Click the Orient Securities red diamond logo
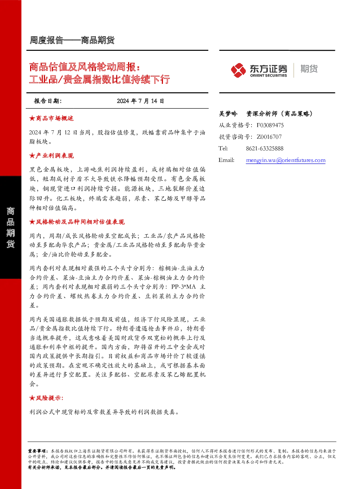tap(238, 70)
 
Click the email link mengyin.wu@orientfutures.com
tap(286, 160)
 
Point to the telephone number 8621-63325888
tap(265, 148)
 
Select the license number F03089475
tap(270, 125)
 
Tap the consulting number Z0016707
tap(269, 137)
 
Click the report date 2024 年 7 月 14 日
tap(140, 101)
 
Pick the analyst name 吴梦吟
tap(228, 114)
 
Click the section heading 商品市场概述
tap(55, 118)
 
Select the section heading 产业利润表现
tap(55, 156)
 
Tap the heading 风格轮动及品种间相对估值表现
tap(80, 222)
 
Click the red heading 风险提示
tap(49, 398)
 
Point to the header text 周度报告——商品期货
tap(72, 40)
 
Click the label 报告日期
tap(48, 101)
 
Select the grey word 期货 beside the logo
tap(309, 69)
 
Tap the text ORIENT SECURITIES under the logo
tap(269, 75)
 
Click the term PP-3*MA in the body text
tap(184, 287)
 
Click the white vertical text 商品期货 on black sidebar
tap(11, 228)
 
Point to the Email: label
tap(226, 160)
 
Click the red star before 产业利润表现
tap(32, 156)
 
